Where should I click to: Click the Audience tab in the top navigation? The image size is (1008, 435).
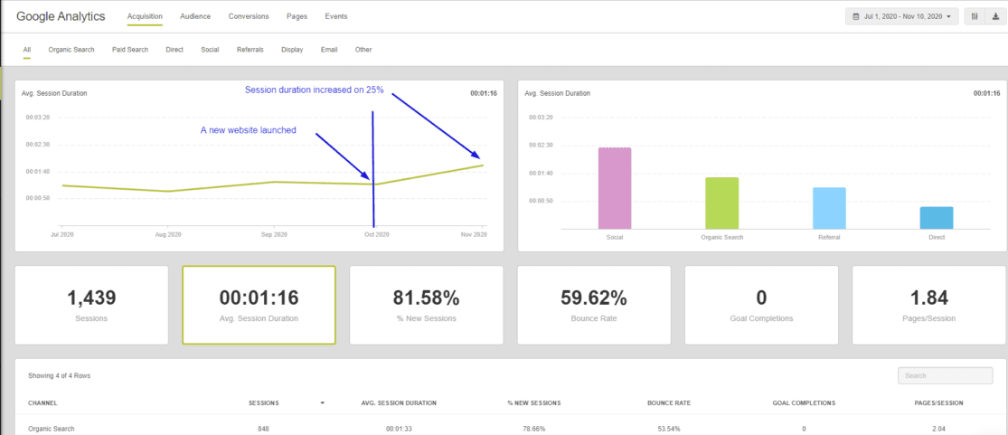point(195,16)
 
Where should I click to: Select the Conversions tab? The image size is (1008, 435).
point(248,16)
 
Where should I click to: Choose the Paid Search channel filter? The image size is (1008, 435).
point(130,50)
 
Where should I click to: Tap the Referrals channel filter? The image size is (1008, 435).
point(250,50)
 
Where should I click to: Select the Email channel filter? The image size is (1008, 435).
point(329,50)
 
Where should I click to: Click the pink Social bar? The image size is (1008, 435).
point(615,188)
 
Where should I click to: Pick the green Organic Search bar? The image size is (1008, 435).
point(721,203)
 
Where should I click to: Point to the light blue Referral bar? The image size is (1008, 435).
point(829,208)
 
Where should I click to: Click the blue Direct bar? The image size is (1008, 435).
point(937,218)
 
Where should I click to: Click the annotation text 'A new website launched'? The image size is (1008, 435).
point(248,130)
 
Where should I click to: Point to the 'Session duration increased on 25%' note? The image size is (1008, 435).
point(314,90)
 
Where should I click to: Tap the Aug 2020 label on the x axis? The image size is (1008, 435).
point(168,235)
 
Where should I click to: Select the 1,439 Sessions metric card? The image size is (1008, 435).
point(91,305)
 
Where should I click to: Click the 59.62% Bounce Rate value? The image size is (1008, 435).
point(593,298)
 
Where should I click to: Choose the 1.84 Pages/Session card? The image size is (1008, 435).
point(928,305)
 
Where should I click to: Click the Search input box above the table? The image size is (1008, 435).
point(939,375)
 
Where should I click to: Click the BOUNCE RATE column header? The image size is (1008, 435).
point(669,402)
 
